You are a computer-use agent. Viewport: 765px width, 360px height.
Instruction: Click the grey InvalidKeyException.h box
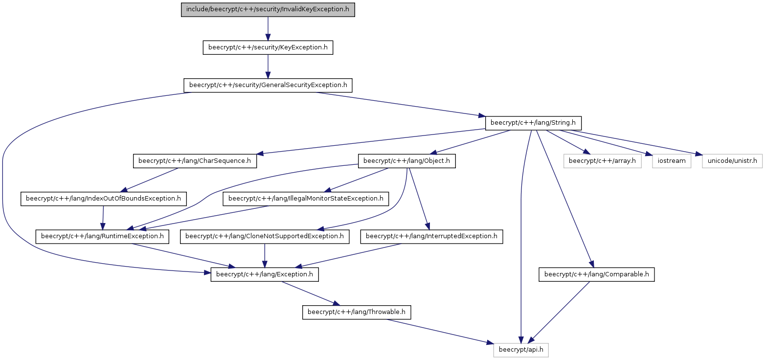(x=268, y=10)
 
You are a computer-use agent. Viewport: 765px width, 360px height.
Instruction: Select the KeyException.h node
(x=268, y=47)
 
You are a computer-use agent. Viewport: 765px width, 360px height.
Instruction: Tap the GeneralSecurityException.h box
(x=268, y=85)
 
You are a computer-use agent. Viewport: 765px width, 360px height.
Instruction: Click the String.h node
(x=533, y=123)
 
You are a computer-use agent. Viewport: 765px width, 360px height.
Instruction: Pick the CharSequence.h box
(x=195, y=161)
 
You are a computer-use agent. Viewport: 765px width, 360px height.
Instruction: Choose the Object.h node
(x=406, y=161)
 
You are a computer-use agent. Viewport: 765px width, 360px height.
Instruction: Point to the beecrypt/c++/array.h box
(x=602, y=161)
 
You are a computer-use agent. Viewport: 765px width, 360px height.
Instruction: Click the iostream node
(x=672, y=161)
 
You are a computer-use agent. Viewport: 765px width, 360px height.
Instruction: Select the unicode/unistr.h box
(x=732, y=161)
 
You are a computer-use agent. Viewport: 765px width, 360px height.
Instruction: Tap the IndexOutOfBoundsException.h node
(x=104, y=199)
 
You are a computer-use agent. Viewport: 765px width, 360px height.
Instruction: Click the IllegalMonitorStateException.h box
(x=306, y=199)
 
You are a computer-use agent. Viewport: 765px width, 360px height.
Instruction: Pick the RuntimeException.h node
(x=102, y=236)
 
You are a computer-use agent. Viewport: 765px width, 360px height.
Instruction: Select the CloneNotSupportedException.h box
(x=264, y=236)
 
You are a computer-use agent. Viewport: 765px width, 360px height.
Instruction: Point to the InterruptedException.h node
(x=431, y=236)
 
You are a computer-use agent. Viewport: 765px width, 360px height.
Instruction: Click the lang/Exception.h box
(x=264, y=274)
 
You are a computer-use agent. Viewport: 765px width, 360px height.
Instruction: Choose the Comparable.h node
(x=596, y=274)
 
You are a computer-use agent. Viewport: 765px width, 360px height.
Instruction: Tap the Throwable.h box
(x=356, y=312)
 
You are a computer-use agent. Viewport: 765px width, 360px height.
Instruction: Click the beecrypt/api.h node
(x=521, y=350)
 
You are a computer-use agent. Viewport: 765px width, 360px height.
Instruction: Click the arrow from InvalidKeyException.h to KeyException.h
(x=268, y=29)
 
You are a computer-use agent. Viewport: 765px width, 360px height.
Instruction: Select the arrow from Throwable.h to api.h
(x=440, y=331)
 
